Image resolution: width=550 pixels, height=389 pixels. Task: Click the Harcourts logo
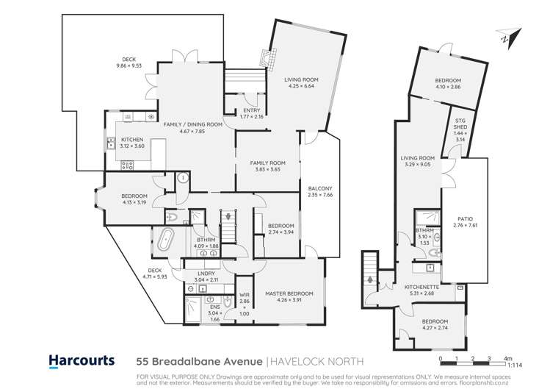82,360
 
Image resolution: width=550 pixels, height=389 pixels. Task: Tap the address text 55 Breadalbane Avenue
200,361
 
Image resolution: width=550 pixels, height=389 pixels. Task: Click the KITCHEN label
132,139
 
